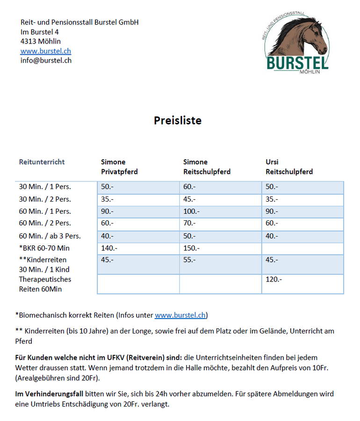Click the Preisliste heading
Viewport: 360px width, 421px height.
tap(178, 121)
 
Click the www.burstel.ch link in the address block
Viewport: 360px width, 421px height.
tap(46, 51)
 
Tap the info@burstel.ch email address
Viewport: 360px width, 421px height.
tap(46, 60)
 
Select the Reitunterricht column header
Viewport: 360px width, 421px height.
tap(42, 162)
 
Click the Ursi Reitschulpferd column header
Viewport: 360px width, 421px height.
tap(289, 167)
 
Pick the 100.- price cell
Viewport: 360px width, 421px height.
tap(192, 211)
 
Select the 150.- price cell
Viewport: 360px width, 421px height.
tap(192, 248)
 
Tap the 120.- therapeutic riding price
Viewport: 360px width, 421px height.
tap(274, 279)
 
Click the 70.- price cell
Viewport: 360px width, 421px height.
tap(189, 224)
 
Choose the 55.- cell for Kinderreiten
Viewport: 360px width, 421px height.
tap(189, 260)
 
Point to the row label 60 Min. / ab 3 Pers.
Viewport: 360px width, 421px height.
tap(50, 236)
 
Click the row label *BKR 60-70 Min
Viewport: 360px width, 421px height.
tap(44, 248)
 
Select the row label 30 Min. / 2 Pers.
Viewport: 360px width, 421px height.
tap(45, 199)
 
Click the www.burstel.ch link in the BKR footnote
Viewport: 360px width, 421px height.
tap(180, 315)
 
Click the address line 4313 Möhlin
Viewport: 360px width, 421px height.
tap(41, 41)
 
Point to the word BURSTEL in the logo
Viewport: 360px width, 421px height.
tap(297, 63)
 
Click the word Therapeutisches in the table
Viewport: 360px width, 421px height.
tap(45, 279)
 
